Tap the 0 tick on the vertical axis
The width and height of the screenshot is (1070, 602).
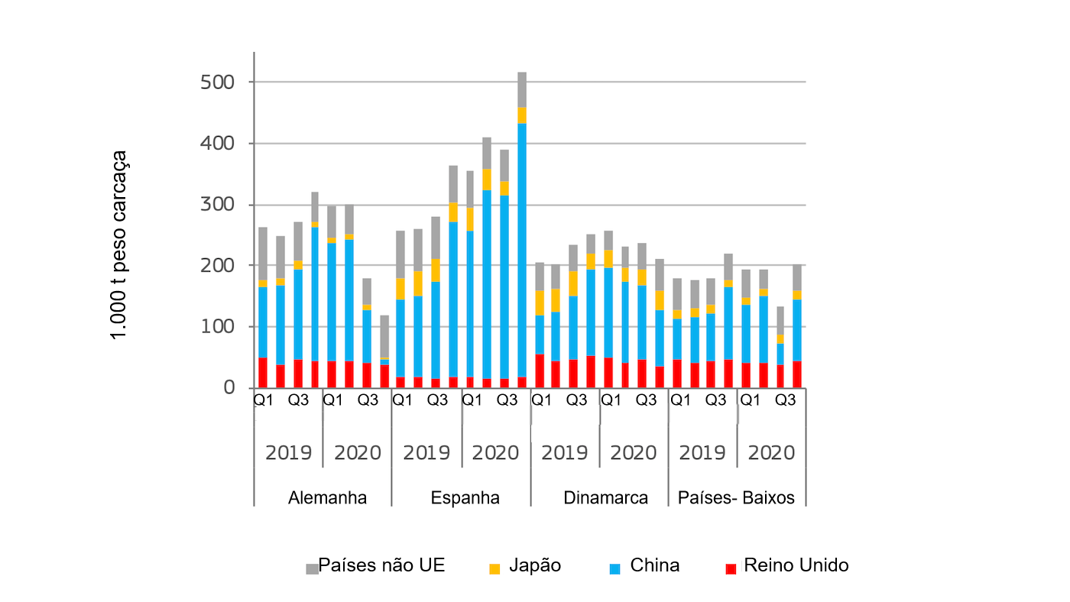[x=229, y=388]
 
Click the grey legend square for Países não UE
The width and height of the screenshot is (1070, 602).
[x=312, y=568]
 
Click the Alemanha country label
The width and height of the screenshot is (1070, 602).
[x=327, y=498]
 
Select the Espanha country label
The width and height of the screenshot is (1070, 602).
[x=465, y=498]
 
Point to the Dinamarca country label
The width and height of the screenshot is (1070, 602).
[x=605, y=498]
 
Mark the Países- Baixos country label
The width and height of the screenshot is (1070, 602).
[x=736, y=498]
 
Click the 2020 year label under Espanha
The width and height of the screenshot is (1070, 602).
[x=495, y=452]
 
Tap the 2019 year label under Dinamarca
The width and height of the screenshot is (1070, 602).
[x=565, y=452]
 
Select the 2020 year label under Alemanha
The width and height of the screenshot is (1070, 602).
[x=357, y=452]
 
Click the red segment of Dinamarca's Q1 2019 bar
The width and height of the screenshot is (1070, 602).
[x=540, y=371]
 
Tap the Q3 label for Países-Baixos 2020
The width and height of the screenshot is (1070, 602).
[x=786, y=400]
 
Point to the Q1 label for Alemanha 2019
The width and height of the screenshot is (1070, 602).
[x=264, y=400]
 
